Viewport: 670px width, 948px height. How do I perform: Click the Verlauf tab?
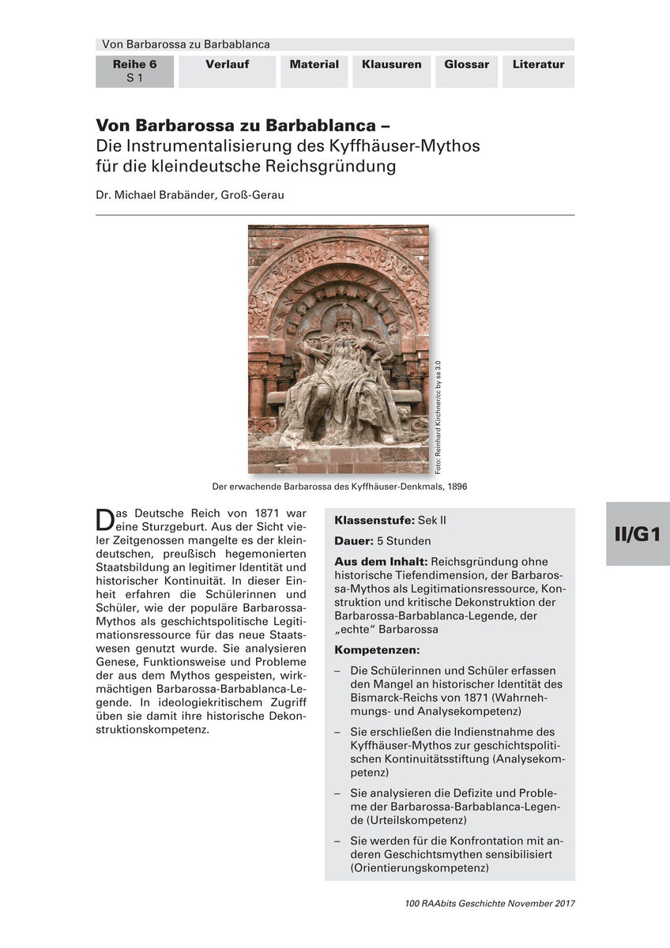(227, 65)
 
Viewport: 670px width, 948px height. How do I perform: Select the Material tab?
(314, 65)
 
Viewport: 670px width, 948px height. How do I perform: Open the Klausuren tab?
(391, 65)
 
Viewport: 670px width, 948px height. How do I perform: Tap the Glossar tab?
(466, 65)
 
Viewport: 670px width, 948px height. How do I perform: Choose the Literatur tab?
(538, 65)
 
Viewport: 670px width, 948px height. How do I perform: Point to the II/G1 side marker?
(637, 534)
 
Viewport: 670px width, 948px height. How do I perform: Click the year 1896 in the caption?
(454, 487)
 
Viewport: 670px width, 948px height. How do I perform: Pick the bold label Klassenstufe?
(375, 521)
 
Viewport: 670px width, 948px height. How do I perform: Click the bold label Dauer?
(352, 541)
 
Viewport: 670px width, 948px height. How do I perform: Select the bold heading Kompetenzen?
(377, 649)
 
